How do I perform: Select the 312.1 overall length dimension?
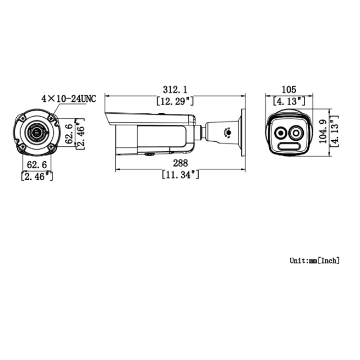pos(175,89)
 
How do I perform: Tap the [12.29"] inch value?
pos(175,101)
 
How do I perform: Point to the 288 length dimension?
pos(180,164)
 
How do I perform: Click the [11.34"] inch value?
pos(180,175)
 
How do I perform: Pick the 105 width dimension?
pos(288,89)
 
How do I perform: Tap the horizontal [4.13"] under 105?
pos(288,101)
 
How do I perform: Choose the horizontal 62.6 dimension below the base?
pos(37,165)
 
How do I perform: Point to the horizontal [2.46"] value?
pos(37,176)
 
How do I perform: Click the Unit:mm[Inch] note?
pos(314,261)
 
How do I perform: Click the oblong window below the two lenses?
pos(289,147)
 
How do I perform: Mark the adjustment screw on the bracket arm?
pos(228,131)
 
